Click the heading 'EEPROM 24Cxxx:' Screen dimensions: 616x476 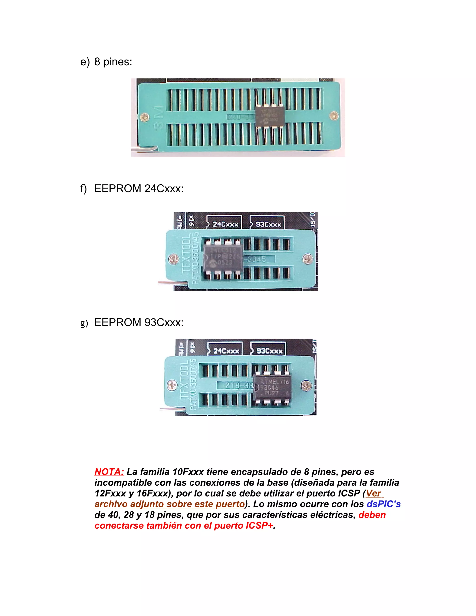tap(139, 189)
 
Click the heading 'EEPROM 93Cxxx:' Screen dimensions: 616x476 tap(139, 322)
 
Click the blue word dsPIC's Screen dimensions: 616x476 tap(383, 504)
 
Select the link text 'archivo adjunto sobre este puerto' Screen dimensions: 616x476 tap(169, 504)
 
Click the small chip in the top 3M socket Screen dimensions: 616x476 tap(269, 116)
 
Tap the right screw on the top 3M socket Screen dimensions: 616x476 tap(334, 115)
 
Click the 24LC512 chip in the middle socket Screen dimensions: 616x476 tap(223, 257)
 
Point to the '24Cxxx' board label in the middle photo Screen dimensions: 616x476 tap(225, 225)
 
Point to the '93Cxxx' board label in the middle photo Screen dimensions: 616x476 tap(268, 225)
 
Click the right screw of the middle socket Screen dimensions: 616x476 tap(308, 258)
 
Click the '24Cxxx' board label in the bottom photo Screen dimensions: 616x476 tap(226, 351)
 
